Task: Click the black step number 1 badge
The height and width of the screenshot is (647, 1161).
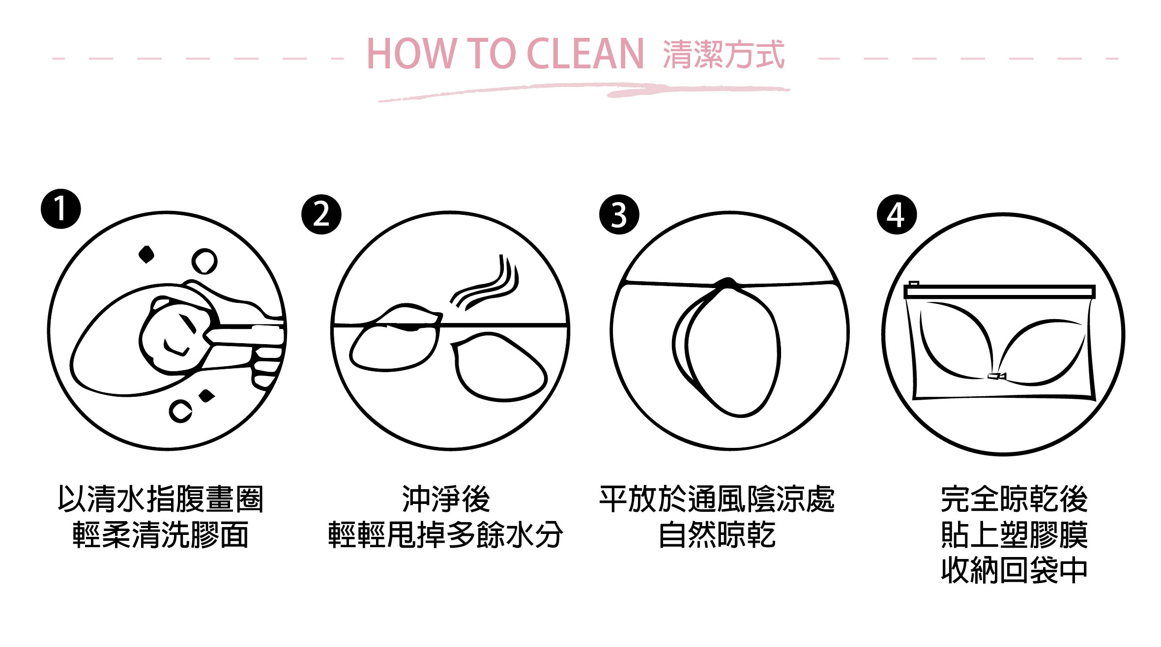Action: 60,208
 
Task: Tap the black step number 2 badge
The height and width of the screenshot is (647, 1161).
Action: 321,214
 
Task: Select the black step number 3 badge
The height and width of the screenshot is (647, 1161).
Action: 619,214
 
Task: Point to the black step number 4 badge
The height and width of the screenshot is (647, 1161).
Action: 897,214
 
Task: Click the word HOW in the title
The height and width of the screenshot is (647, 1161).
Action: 411,54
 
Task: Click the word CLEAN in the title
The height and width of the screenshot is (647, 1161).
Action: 585,54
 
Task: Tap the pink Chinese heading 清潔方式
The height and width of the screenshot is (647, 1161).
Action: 724,54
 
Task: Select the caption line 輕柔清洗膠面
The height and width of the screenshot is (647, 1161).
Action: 160,535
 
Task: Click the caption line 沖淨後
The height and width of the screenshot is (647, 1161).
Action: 446,499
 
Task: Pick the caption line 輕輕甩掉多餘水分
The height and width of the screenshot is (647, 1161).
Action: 446,535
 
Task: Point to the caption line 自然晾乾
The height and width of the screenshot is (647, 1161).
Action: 717,535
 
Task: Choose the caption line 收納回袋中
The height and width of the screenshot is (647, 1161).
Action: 1014,570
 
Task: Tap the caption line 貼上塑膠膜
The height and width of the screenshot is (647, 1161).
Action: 1014,535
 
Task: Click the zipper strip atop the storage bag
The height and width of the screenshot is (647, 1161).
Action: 999,292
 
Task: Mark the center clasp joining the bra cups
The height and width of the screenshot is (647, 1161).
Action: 996,376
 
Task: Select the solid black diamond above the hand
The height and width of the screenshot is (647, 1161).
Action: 146,254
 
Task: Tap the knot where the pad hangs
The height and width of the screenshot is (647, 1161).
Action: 726,283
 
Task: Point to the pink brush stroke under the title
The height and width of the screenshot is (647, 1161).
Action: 585,91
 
